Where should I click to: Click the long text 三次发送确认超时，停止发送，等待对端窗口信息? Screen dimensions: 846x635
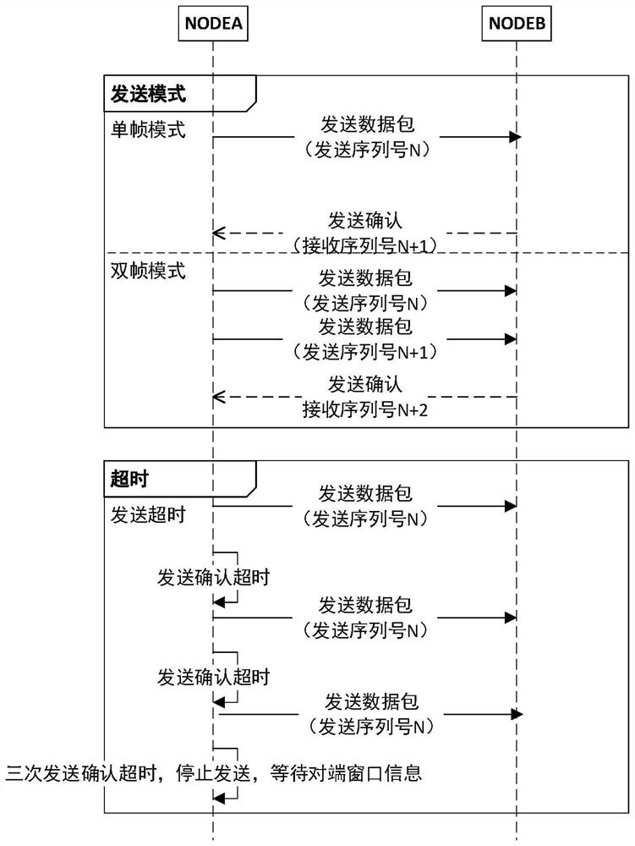[x=213, y=772]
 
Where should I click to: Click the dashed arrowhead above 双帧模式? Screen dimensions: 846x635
[x=219, y=233]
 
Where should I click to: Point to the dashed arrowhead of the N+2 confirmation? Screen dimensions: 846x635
[x=219, y=396]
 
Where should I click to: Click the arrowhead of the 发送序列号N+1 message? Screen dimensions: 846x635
[x=511, y=338]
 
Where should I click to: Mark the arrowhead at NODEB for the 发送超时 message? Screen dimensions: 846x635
[x=511, y=506]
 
